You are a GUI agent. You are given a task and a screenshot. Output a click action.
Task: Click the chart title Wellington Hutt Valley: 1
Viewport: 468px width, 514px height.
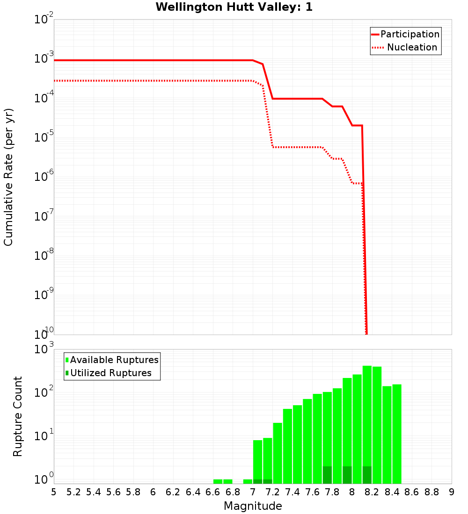(x=234, y=7)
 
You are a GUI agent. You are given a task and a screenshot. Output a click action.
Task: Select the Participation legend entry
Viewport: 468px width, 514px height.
(x=409, y=34)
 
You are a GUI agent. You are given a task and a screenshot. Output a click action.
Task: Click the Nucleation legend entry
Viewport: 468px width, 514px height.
(x=411, y=47)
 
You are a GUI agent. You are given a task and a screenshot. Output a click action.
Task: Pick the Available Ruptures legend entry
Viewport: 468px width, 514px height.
(x=114, y=360)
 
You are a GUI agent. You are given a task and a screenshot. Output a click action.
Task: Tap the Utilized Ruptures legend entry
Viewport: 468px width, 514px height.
(x=110, y=373)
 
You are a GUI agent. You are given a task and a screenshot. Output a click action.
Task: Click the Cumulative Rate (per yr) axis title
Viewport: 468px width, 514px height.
(x=8, y=177)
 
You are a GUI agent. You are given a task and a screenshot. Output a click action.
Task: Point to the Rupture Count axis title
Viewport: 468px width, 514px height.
(x=18, y=416)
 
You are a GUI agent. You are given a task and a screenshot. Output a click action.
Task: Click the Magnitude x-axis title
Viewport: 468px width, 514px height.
(x=253, y=506)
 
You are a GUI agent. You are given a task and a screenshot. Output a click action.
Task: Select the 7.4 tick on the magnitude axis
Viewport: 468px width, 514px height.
(x=292, y=492)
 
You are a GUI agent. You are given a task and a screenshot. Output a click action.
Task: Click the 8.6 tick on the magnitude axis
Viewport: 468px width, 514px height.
(x=412, y=492)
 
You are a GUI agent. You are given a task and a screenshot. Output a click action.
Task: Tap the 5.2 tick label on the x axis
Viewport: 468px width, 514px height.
(x=73, y=492)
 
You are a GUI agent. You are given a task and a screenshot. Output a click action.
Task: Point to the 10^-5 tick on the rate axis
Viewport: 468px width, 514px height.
(x=44, y=137)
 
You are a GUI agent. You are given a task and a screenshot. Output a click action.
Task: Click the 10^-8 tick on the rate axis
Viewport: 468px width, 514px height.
(x=44, y=256)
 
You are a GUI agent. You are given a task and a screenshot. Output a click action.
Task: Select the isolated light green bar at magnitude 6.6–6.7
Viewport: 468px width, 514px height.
(x=218, y=481)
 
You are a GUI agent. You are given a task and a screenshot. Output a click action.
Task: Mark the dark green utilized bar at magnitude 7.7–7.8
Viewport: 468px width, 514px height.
(x=327, y=475)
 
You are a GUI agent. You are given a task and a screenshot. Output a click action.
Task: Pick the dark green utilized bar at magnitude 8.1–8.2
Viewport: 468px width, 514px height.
(x=367, y=475)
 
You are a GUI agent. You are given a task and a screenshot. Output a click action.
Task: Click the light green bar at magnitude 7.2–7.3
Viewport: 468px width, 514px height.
(x=278, y=453)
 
